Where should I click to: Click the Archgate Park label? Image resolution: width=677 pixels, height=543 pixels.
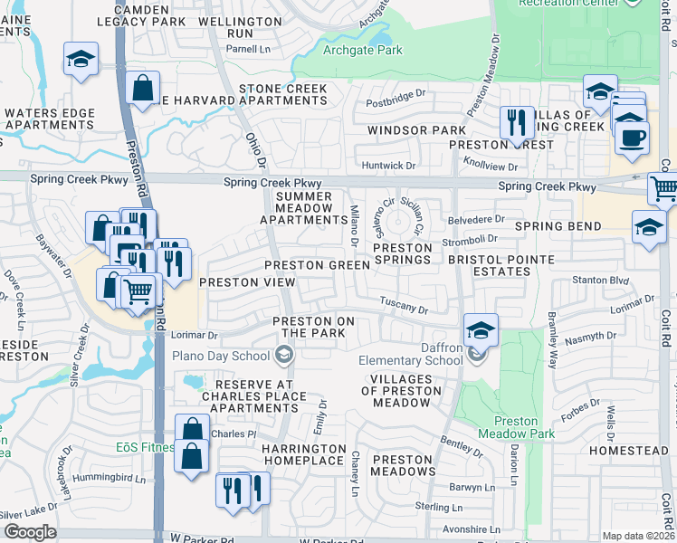coord(363,51)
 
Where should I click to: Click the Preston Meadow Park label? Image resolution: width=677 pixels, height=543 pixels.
coord(516,427)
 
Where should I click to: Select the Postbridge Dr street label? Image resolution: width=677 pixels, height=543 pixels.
coord(395,96)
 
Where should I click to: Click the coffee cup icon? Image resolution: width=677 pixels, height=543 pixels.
coord(632,137)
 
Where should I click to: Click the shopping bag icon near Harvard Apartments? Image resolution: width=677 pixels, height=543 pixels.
coord(144,89)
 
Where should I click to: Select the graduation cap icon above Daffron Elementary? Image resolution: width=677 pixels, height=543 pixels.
coord(482,330)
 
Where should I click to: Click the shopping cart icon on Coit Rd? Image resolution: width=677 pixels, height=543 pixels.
coord(664,188)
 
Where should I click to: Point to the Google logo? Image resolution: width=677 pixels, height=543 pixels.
coord(30,532)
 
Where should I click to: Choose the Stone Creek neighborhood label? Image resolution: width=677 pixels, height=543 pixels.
coord(282,89)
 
